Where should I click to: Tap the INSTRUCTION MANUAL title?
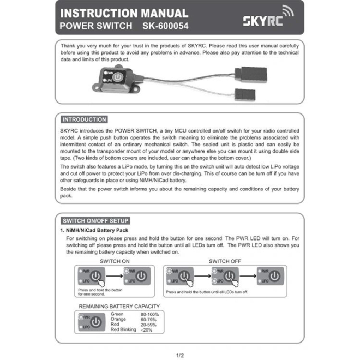click(124, 13)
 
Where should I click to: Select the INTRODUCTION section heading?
click(84, 119)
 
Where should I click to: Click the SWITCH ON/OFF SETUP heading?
click(95, 221)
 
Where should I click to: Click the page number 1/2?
click(179, 355)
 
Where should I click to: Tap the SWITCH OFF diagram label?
click(225, 261)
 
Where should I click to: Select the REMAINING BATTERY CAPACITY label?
click(119, 306)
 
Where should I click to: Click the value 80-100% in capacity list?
click(149, 315)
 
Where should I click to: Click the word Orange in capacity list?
click(118, 320)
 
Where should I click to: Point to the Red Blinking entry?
click(123, 329)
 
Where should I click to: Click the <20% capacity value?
click(146, 329)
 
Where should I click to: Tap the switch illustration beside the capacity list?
click(92, 322)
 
